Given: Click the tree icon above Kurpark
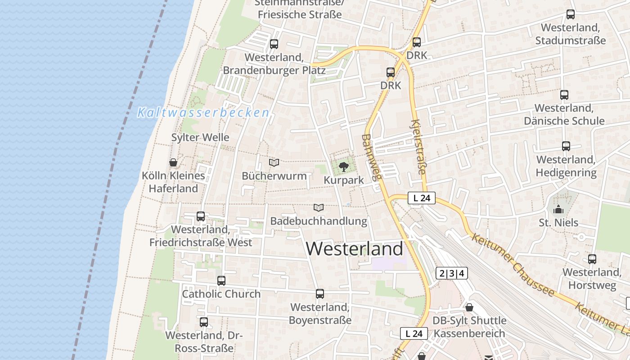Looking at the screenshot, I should (344, 167).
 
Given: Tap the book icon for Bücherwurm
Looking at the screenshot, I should (274, 162).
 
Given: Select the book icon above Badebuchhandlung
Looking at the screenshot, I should (319, 207).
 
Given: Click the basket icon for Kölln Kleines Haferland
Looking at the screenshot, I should (173, 162).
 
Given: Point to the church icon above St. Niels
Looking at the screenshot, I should (558, 209).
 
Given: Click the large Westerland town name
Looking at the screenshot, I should (355, 249).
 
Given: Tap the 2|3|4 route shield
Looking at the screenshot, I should (452, 273).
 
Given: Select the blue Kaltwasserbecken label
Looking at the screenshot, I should (203, 112).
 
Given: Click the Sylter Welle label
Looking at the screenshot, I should (200, 137).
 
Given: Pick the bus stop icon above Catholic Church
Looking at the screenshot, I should (221, 281).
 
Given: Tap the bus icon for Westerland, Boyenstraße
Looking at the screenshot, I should (320, 294).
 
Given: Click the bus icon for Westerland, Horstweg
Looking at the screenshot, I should (592, 259).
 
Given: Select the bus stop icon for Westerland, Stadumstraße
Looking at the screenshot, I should (571, 14).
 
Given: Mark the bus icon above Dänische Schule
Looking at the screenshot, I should (564, 95).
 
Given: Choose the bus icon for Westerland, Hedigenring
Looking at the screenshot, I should (566, 146).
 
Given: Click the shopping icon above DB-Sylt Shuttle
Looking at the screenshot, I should (469, 307).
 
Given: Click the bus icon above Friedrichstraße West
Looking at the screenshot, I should (201, 216).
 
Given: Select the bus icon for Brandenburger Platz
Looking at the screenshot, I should (274, 44).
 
